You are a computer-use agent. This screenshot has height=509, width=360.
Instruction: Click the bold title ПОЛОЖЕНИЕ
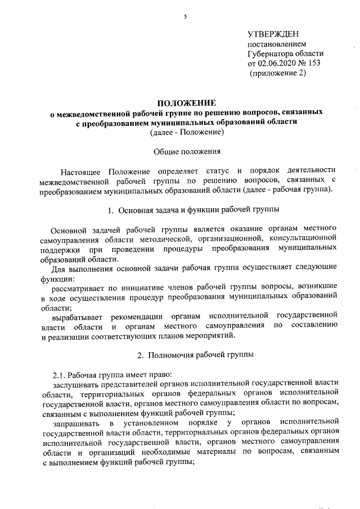(186, 102)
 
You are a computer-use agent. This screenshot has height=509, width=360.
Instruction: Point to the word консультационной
(303, 239)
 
